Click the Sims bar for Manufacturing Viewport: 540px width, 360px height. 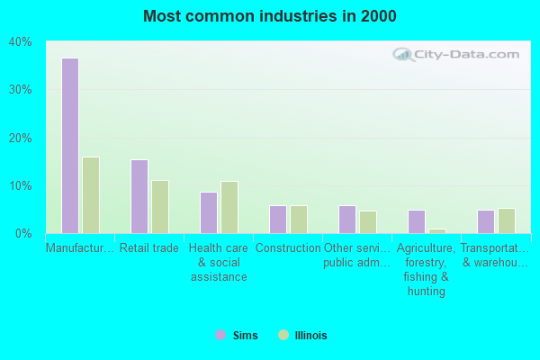tap(69, 146)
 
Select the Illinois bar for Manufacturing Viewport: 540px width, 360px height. tap(90, 195)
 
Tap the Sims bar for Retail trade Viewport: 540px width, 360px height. tap(139, 196)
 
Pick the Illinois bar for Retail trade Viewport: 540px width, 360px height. tap(159, 207)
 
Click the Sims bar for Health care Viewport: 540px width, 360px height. tap(208, 212)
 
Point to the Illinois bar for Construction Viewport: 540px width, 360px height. tap(298, 220)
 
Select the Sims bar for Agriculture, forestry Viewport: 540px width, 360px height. tap(416, 221)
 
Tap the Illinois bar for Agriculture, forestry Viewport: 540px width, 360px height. tap(436, 231)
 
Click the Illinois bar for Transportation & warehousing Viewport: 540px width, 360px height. tap(506, 220)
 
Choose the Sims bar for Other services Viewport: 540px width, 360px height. tap(346, 220)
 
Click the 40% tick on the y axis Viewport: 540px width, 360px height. tap(20, 42)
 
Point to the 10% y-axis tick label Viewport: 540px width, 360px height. tap(20, 186)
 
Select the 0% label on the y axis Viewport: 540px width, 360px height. tap(23, 234)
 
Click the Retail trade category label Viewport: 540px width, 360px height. tap(149, 248)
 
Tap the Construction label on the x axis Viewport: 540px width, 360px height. tap(288, 248)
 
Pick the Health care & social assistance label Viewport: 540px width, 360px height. tap(219, 262)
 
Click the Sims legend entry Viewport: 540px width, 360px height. tap(237, 336)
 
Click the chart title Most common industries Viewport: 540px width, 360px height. tap(269, 16)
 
